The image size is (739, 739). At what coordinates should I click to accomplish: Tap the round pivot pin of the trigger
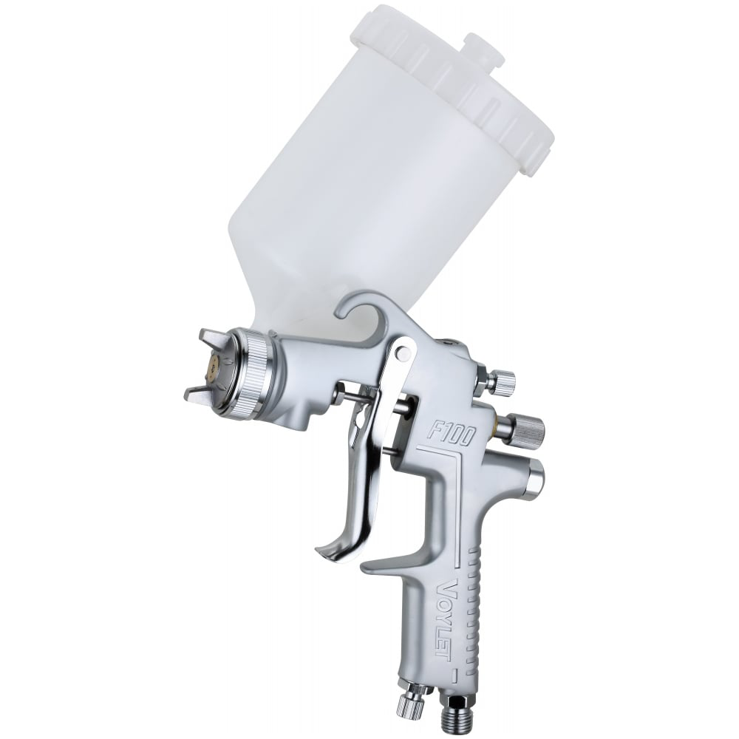[402, 351]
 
